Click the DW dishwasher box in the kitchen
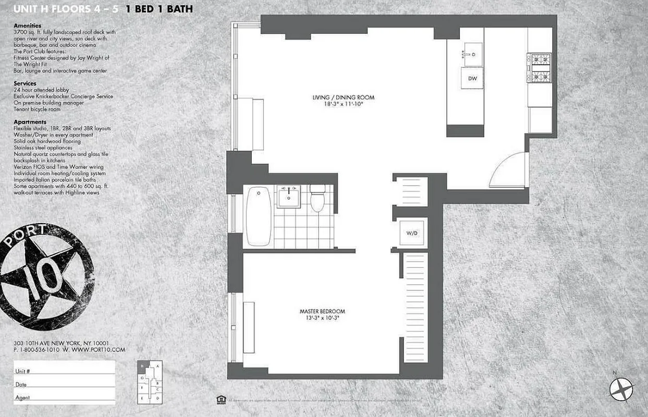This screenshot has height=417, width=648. (x=472, y=79)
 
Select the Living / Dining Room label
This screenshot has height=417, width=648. (x=343, y=97)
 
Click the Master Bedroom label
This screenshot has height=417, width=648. (x=320, y=311)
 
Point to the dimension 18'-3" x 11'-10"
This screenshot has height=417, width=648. (x=343, y=104)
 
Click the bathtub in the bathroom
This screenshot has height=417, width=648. (x=259, y=216)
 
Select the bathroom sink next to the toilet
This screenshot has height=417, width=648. (x=288, y=197)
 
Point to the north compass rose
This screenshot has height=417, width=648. (x=621, y=388)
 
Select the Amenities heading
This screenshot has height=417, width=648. (x=28, y=26)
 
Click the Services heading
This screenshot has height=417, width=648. (x=25, y=83)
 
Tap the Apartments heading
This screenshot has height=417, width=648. (x=30, y=122)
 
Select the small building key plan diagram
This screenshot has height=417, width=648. (x=150, y=382)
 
